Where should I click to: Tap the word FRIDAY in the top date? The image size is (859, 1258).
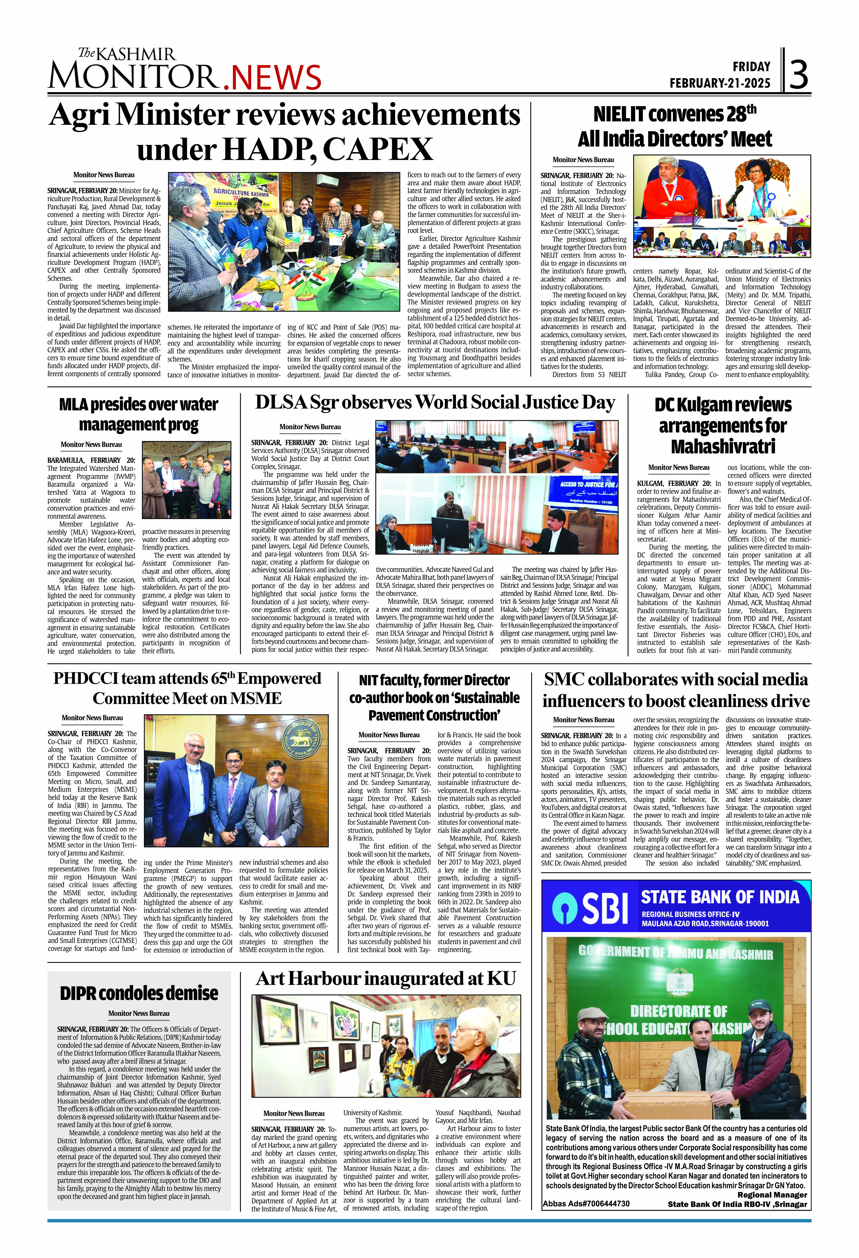pos(751,67)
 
